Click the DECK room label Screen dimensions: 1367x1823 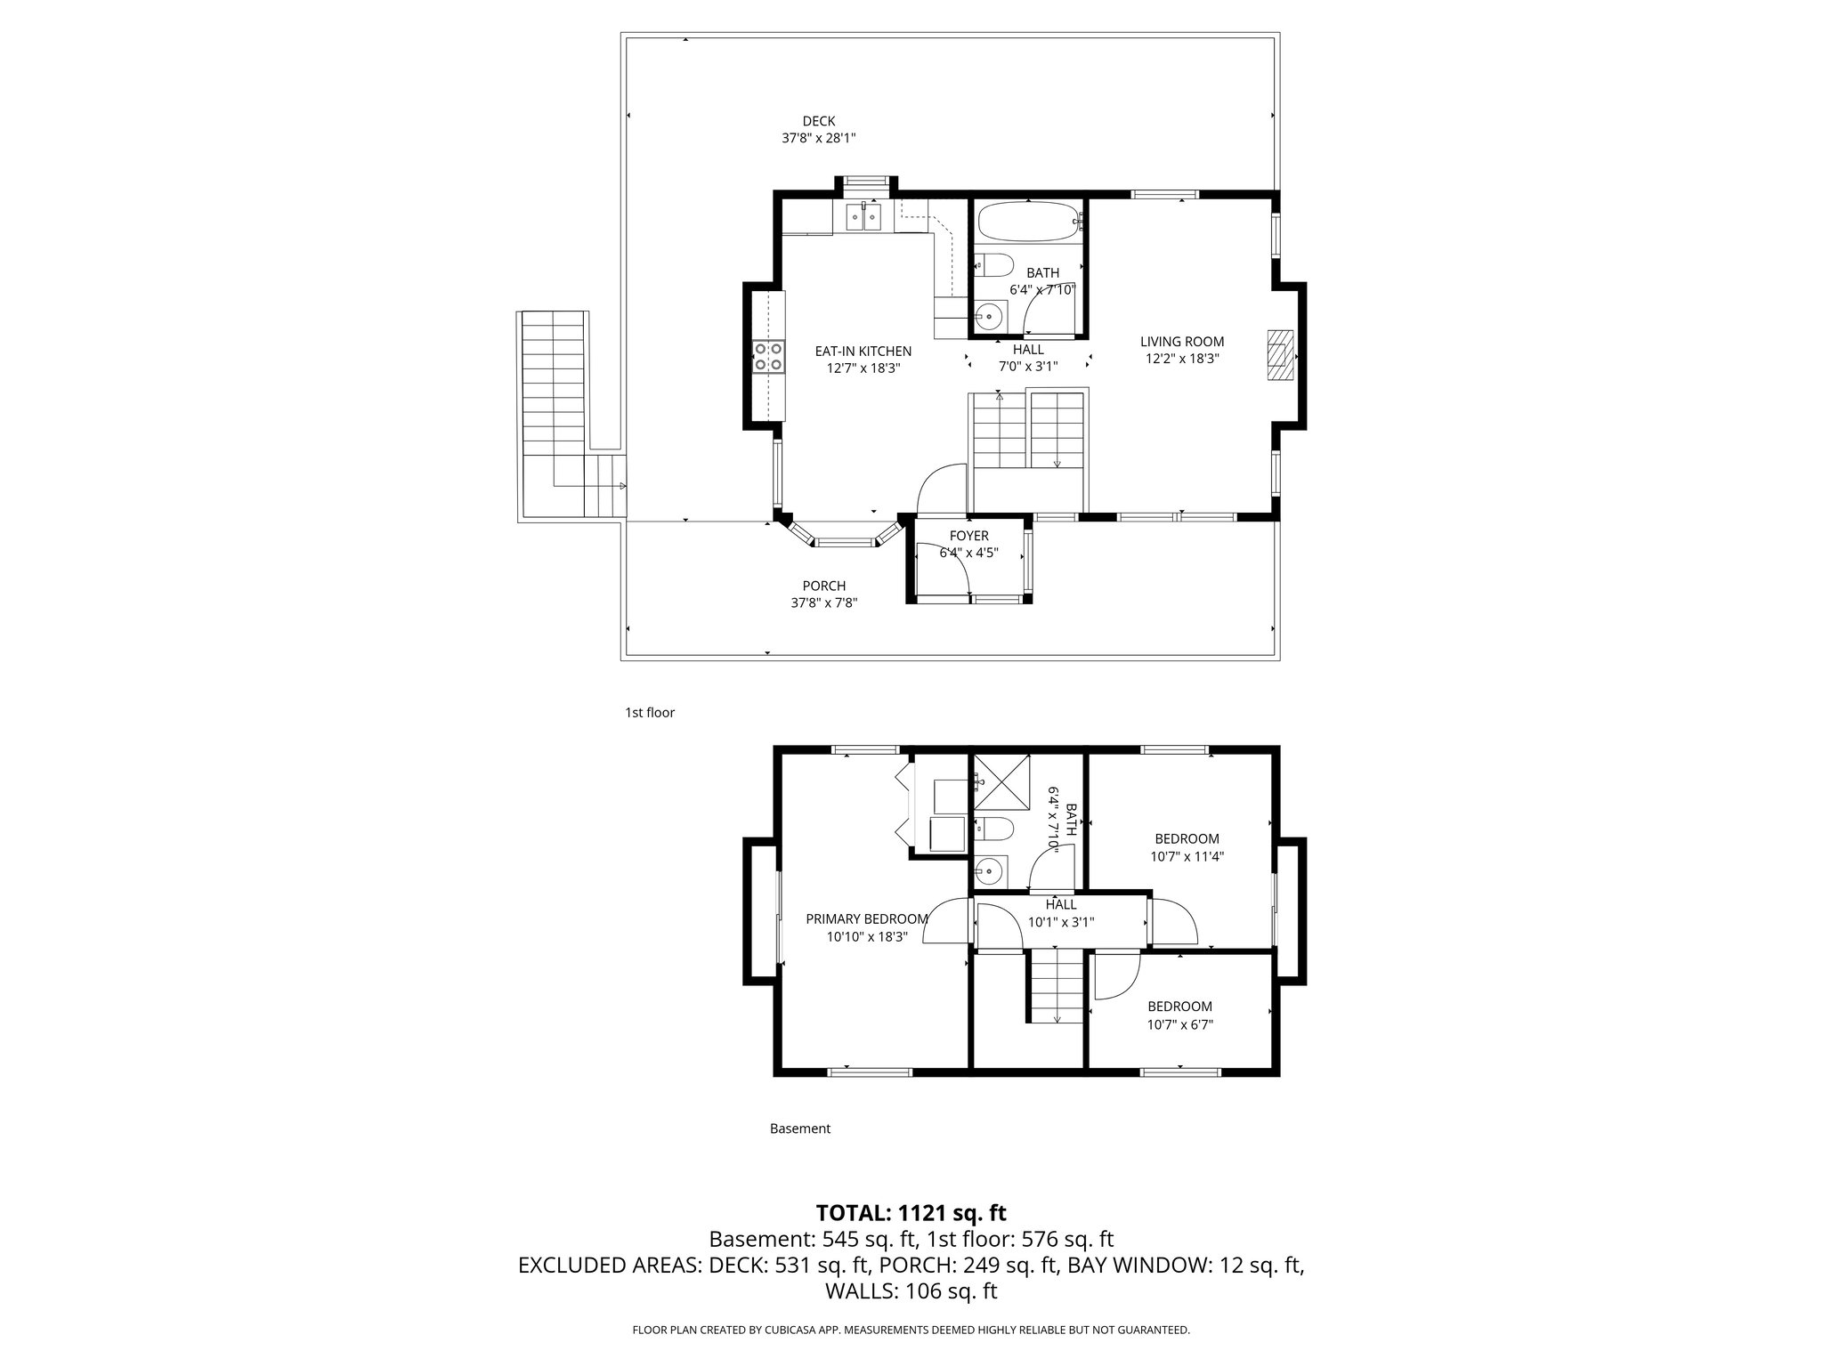click(818, 122)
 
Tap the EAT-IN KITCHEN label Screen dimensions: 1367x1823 click(863, 352)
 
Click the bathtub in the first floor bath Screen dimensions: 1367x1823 click(1027, 222)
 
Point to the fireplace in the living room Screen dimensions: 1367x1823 click(1280, 355)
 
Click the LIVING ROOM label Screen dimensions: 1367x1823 click(1181, 342)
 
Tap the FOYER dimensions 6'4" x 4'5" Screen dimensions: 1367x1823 click(968, 553)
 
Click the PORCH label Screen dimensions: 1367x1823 click(823, 586)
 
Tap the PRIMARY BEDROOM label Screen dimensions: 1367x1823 click(866, 919)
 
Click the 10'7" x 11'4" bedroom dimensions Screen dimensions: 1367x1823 click(1187, 857)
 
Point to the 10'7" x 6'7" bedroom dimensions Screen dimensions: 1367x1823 click(1179, 1024)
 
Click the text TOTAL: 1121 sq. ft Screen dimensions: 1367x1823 click(911, 1212)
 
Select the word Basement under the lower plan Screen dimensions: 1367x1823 click(799, 1128)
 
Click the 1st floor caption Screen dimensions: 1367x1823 click(649, 713)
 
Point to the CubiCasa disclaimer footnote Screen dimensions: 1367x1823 click(911, 1330)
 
